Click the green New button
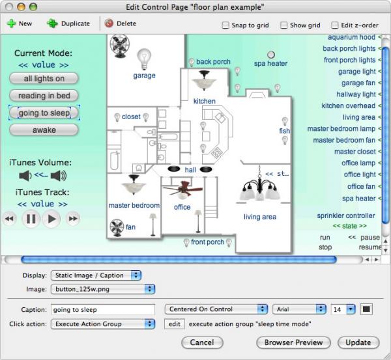tap(20, 23)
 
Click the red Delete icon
tap(109, 23)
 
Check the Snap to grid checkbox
tap(225, 25)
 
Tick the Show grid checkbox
tap(283, 25)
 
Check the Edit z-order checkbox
tap(335, 25)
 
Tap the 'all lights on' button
tap(44, 79)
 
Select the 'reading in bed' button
tap(44, 96)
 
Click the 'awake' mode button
tap(44, 130)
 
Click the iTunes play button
tap(51, 219)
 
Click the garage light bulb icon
tap(144, 59)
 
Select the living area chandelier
tap(259, 186)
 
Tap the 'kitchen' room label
tap(205, 101)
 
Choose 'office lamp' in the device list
tap(358, 163)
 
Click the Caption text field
tap(103, 310)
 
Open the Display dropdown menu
tap(96, 275)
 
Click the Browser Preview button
tap(293, 342)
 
